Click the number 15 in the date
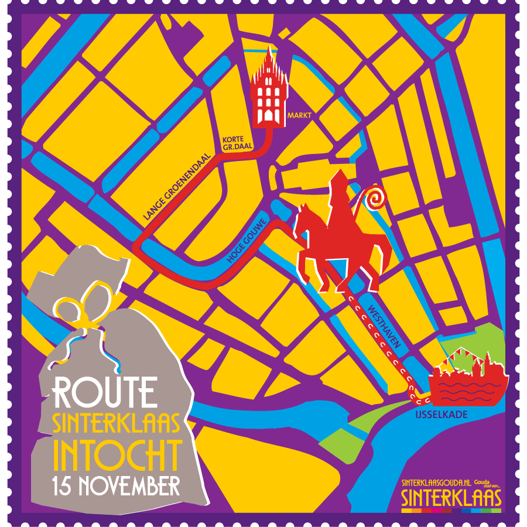tap(63, 485)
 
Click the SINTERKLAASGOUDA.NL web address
tap(436, 483)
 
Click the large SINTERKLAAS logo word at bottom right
tap(451, 498)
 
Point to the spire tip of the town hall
tap(269, 50)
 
